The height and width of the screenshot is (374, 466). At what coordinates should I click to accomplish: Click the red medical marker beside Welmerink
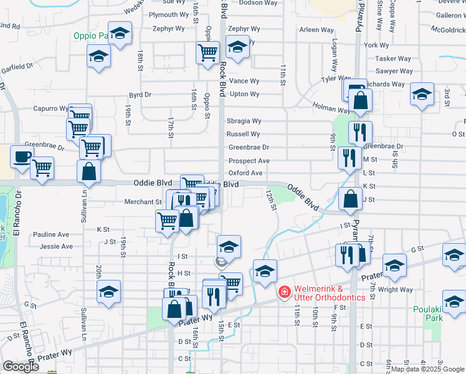(x=284, y=291)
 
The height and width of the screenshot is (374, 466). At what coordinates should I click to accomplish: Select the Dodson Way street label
(x=259, y=3)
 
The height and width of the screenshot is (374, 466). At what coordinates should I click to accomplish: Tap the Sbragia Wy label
(x=243, y=121)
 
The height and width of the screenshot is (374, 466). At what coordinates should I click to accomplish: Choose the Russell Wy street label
(x=243, y=134)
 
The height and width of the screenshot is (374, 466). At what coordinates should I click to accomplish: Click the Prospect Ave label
(x=249, y=161)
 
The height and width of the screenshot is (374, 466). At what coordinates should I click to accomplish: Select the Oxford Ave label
(x=245, y=173)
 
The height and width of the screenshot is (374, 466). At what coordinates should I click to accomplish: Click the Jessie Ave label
(x=55, y=246)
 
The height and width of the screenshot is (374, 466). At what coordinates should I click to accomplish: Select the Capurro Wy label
(x=50, y=108)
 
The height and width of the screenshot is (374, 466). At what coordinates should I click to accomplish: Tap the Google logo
(x=21, y=367)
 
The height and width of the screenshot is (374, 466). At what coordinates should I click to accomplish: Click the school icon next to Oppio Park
(x=119, y=33)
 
